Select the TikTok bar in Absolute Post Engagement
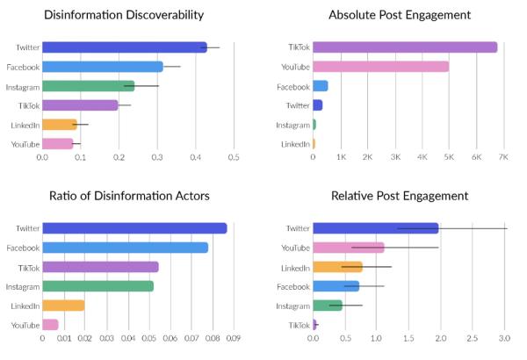[405, 47]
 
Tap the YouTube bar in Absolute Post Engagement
[380, 67]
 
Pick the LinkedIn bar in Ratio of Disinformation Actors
[63, 306]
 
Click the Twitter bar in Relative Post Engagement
[375, 228]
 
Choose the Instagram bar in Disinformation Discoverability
[88, 86]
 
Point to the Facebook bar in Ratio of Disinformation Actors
[125, 248]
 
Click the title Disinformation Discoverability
[123, 15]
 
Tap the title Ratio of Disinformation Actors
[123, 196]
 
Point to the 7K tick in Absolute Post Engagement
[503, 156]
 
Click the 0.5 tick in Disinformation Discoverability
[234, 156]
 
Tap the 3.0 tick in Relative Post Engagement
[503, 337]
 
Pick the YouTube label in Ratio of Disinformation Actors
[24, 325]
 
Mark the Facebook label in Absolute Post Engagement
[293, 86]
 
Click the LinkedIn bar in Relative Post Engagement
[338, 267]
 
